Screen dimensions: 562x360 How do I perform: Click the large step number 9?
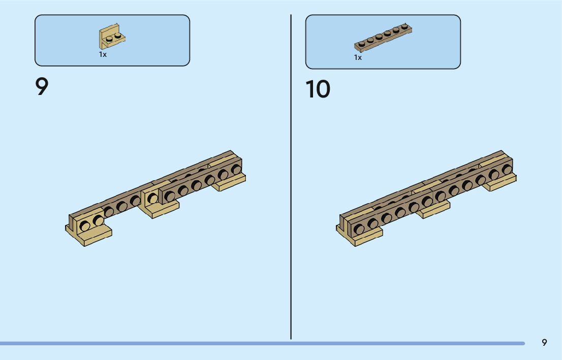42,87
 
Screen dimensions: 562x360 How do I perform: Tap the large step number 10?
318,89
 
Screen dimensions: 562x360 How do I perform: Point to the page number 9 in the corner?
544,342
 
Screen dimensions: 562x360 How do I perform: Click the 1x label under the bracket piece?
103,54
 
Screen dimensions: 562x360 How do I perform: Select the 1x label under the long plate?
358,57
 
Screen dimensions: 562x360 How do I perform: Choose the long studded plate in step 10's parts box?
383,38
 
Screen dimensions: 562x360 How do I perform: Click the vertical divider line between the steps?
291,178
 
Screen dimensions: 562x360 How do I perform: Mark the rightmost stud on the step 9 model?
236,169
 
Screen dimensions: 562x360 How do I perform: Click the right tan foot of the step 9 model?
230,182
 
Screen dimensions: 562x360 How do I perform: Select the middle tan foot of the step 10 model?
433,209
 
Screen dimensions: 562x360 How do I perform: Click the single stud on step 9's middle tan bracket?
152,199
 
